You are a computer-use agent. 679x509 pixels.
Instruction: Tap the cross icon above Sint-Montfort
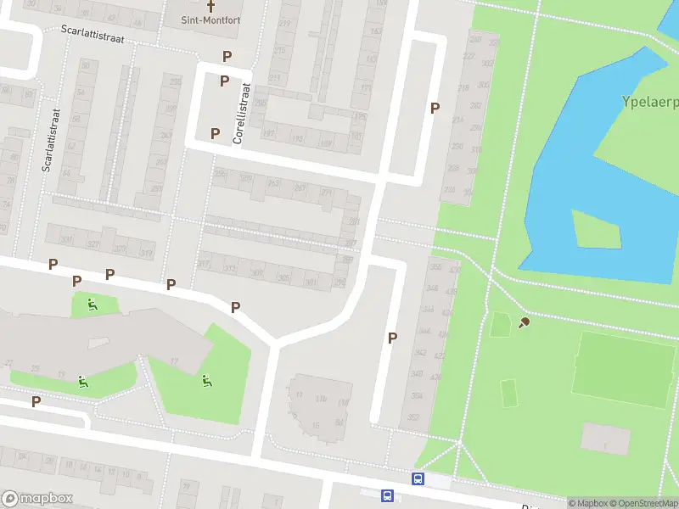pyautogui.click(x=211, y=5)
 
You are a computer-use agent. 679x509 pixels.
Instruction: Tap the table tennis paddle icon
pyautogui.click(x=524, y=322)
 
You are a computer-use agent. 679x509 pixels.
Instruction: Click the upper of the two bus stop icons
pyautogui.click(x=418, y=479)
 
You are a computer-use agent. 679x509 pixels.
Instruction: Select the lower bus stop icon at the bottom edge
pyautogui.click(x=388, y=496)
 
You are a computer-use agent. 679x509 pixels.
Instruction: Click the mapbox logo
pyautogui.click(x=36, y=499)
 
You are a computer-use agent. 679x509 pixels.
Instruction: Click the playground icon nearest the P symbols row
pyautogui.click(x=93, y=305)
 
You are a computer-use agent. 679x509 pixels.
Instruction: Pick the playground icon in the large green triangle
pyautogui.click(x=206, y=380)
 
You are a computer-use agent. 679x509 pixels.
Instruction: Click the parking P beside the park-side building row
pyautogui.click(x=435, y=108)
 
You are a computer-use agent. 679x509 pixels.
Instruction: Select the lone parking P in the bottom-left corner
pyautogui.click(x=36, y=401)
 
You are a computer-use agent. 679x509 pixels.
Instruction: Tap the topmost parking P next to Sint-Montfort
pyautogui.click(x=227, y=56)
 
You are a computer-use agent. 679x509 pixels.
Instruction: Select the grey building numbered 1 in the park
pyautogui.click(x=606, y=439)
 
